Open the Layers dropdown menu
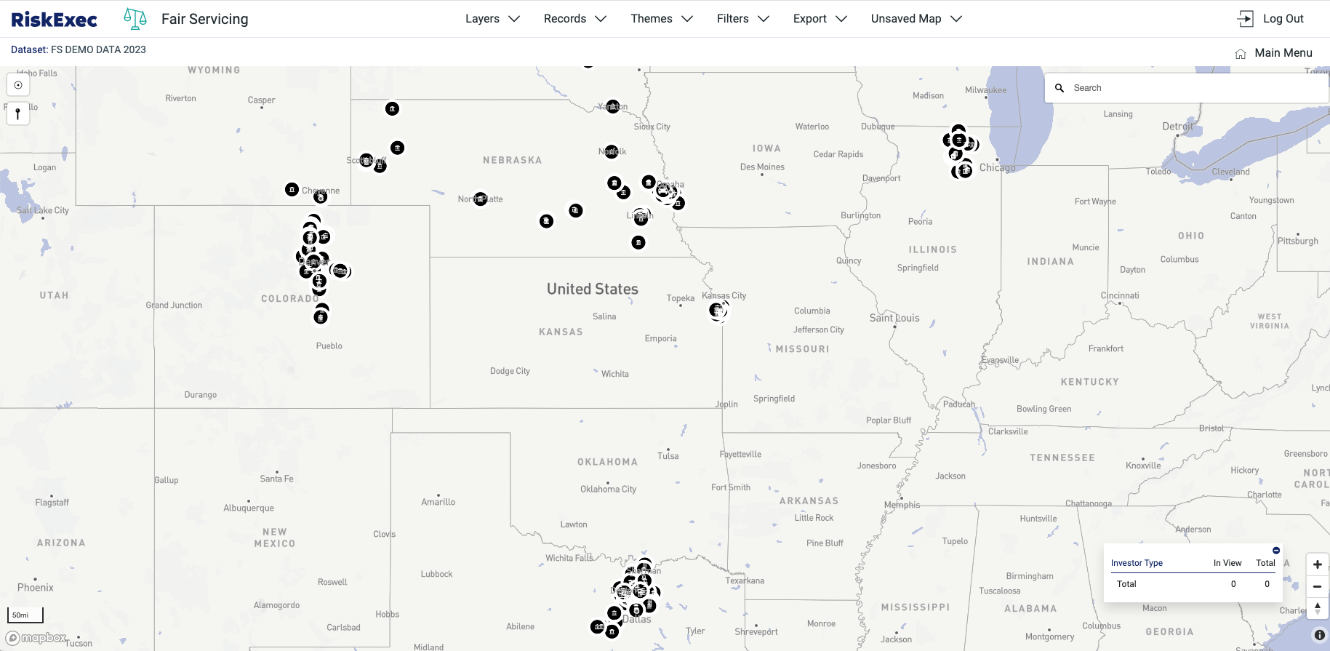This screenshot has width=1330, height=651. [492, 19]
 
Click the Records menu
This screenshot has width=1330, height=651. [574, 19]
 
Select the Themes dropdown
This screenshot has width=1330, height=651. [661, 19]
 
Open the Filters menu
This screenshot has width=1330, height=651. [742, 19]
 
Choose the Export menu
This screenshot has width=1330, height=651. [820, 19]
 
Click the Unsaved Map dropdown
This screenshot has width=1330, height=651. [916, 19]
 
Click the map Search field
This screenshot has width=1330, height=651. [1193, 88]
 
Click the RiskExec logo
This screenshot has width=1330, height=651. [55, 20]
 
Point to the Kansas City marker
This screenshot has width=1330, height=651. [718, 311]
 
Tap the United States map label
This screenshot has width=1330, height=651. [592, 289]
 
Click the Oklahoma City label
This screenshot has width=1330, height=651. [608, 489]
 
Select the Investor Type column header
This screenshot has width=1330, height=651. [1136, 563]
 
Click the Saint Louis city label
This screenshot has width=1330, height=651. [894, 318]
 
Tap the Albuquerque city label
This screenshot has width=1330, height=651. [249, 508]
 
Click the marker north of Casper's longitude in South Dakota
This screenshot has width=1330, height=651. [392, 109]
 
